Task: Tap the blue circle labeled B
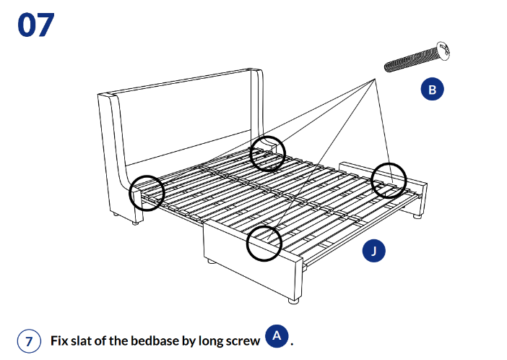[x=433, y=90]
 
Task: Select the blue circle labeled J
[x=373, y=251]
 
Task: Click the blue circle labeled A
[x=277, y=335]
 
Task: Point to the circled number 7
[x=28, y=341]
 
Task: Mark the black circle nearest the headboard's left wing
[x=147, y=193]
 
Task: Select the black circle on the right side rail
[x=389, y=181]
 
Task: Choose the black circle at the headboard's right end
[x=268, y=153]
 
